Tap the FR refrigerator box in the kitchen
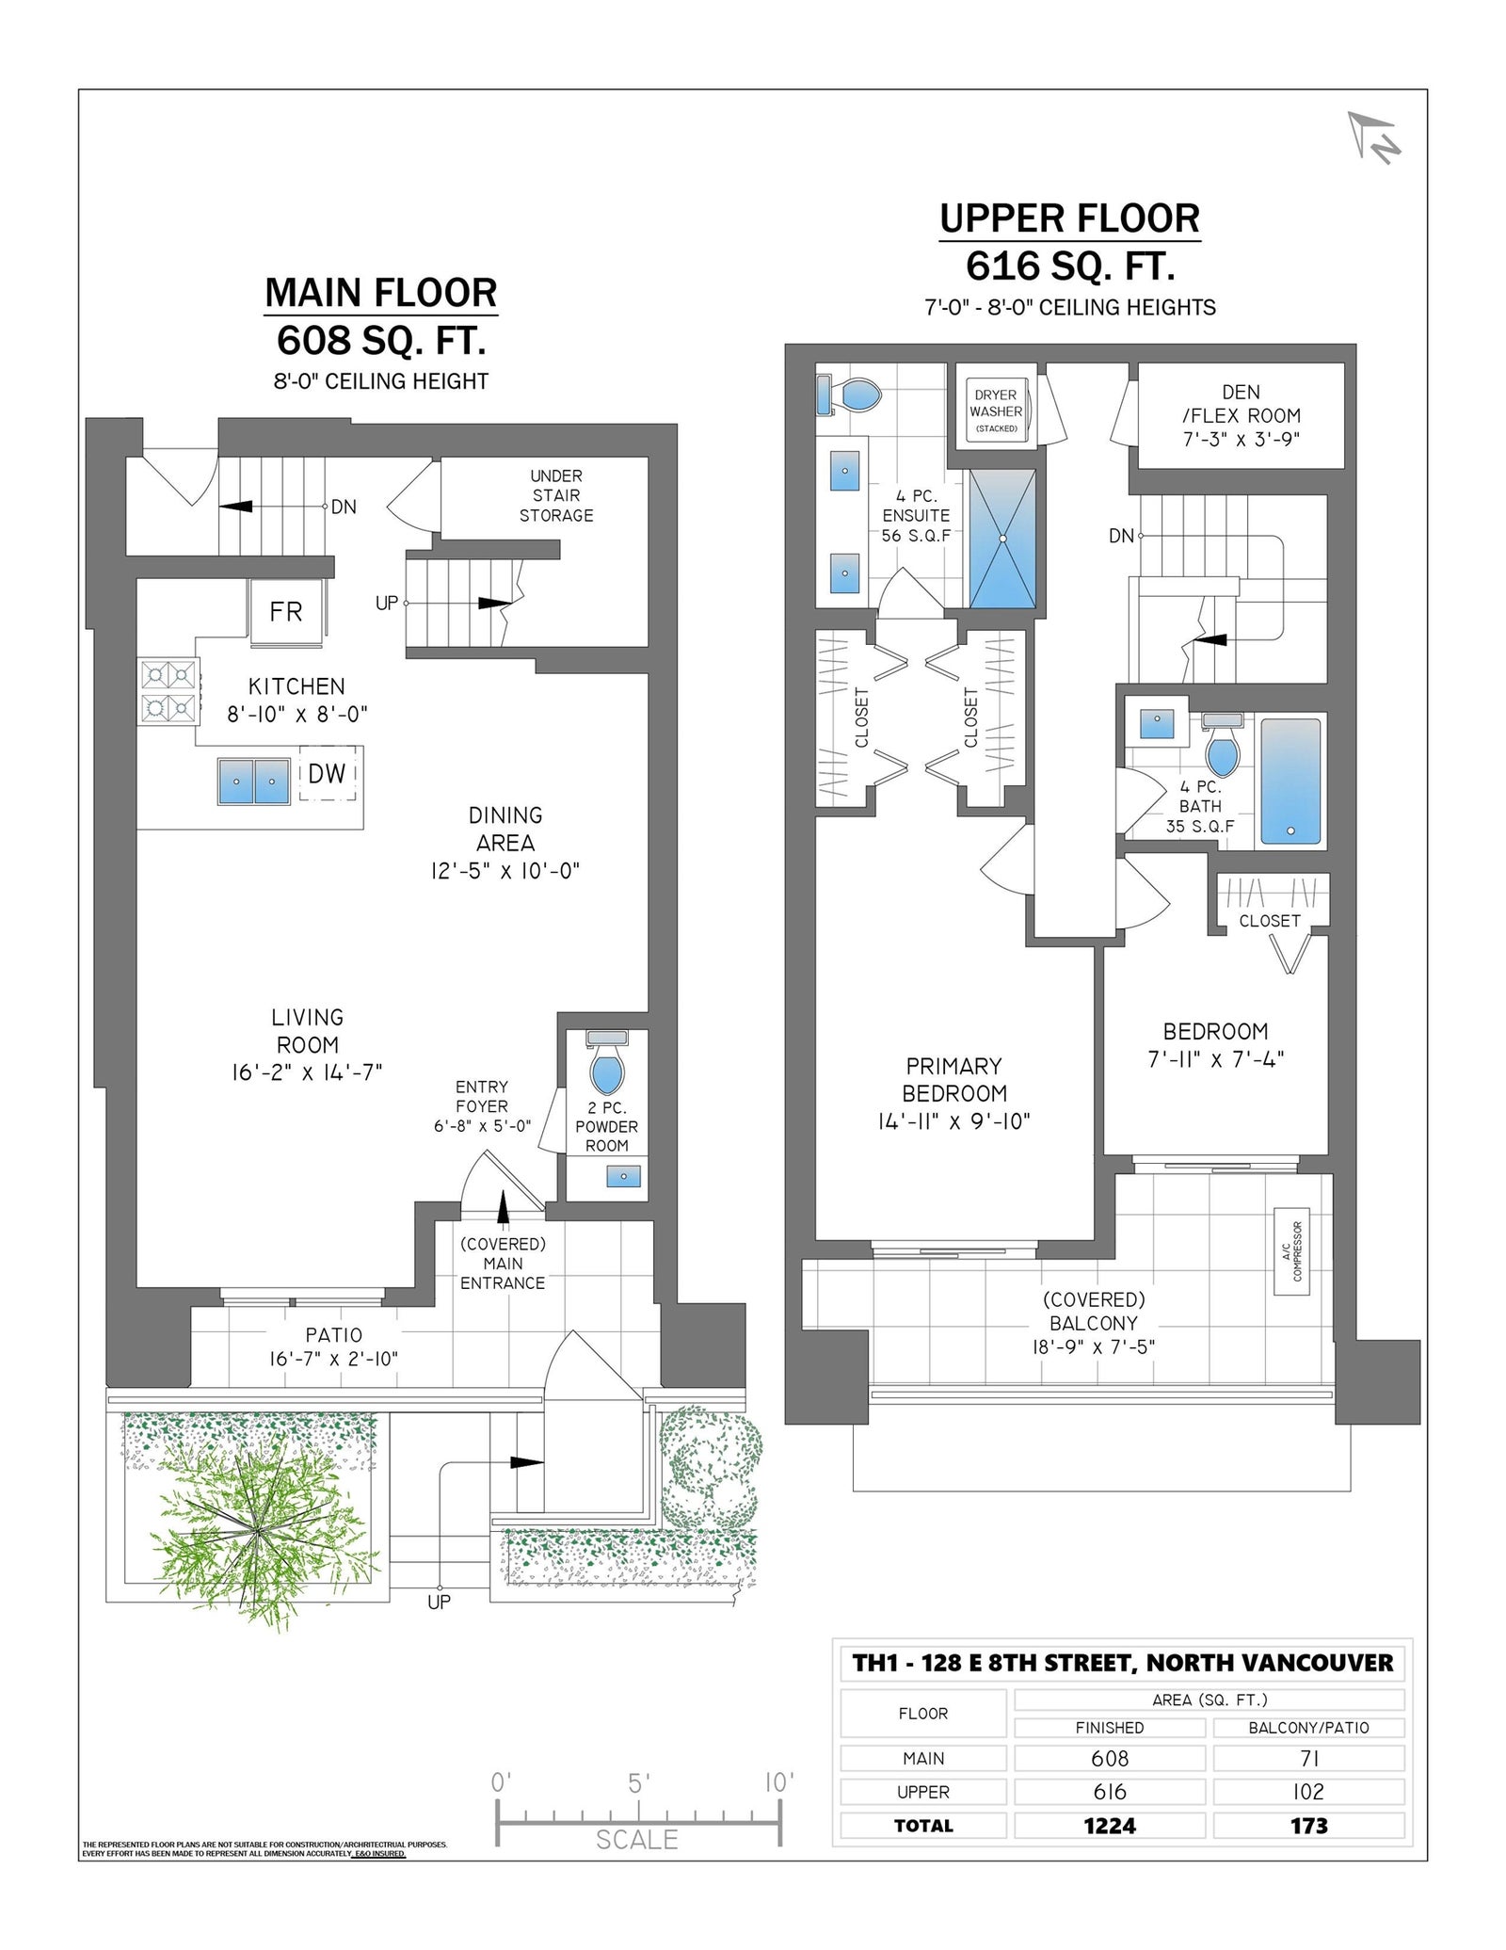click(x=286, y=612)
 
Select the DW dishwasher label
click(x=327, y=774)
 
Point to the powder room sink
click(x=623, y=1176)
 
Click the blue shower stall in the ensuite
click(x=1002, y=539)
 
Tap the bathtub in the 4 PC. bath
click(x=1290, y=781)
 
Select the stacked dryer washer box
click(x=997, y=411)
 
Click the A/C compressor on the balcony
click(x=1291, y=1251)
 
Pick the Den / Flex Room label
click(x=1242, y=415)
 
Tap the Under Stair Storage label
click(x=556, y=495)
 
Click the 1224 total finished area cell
click(x=1110, y=1826)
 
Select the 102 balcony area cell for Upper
click(x=1308, y=1792)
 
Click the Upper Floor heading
click(x=1070, y=218)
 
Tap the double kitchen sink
click(x=254, y=782)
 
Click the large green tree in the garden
click(x=256, y=1529)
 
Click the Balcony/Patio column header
click(x=1308, y=1728)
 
